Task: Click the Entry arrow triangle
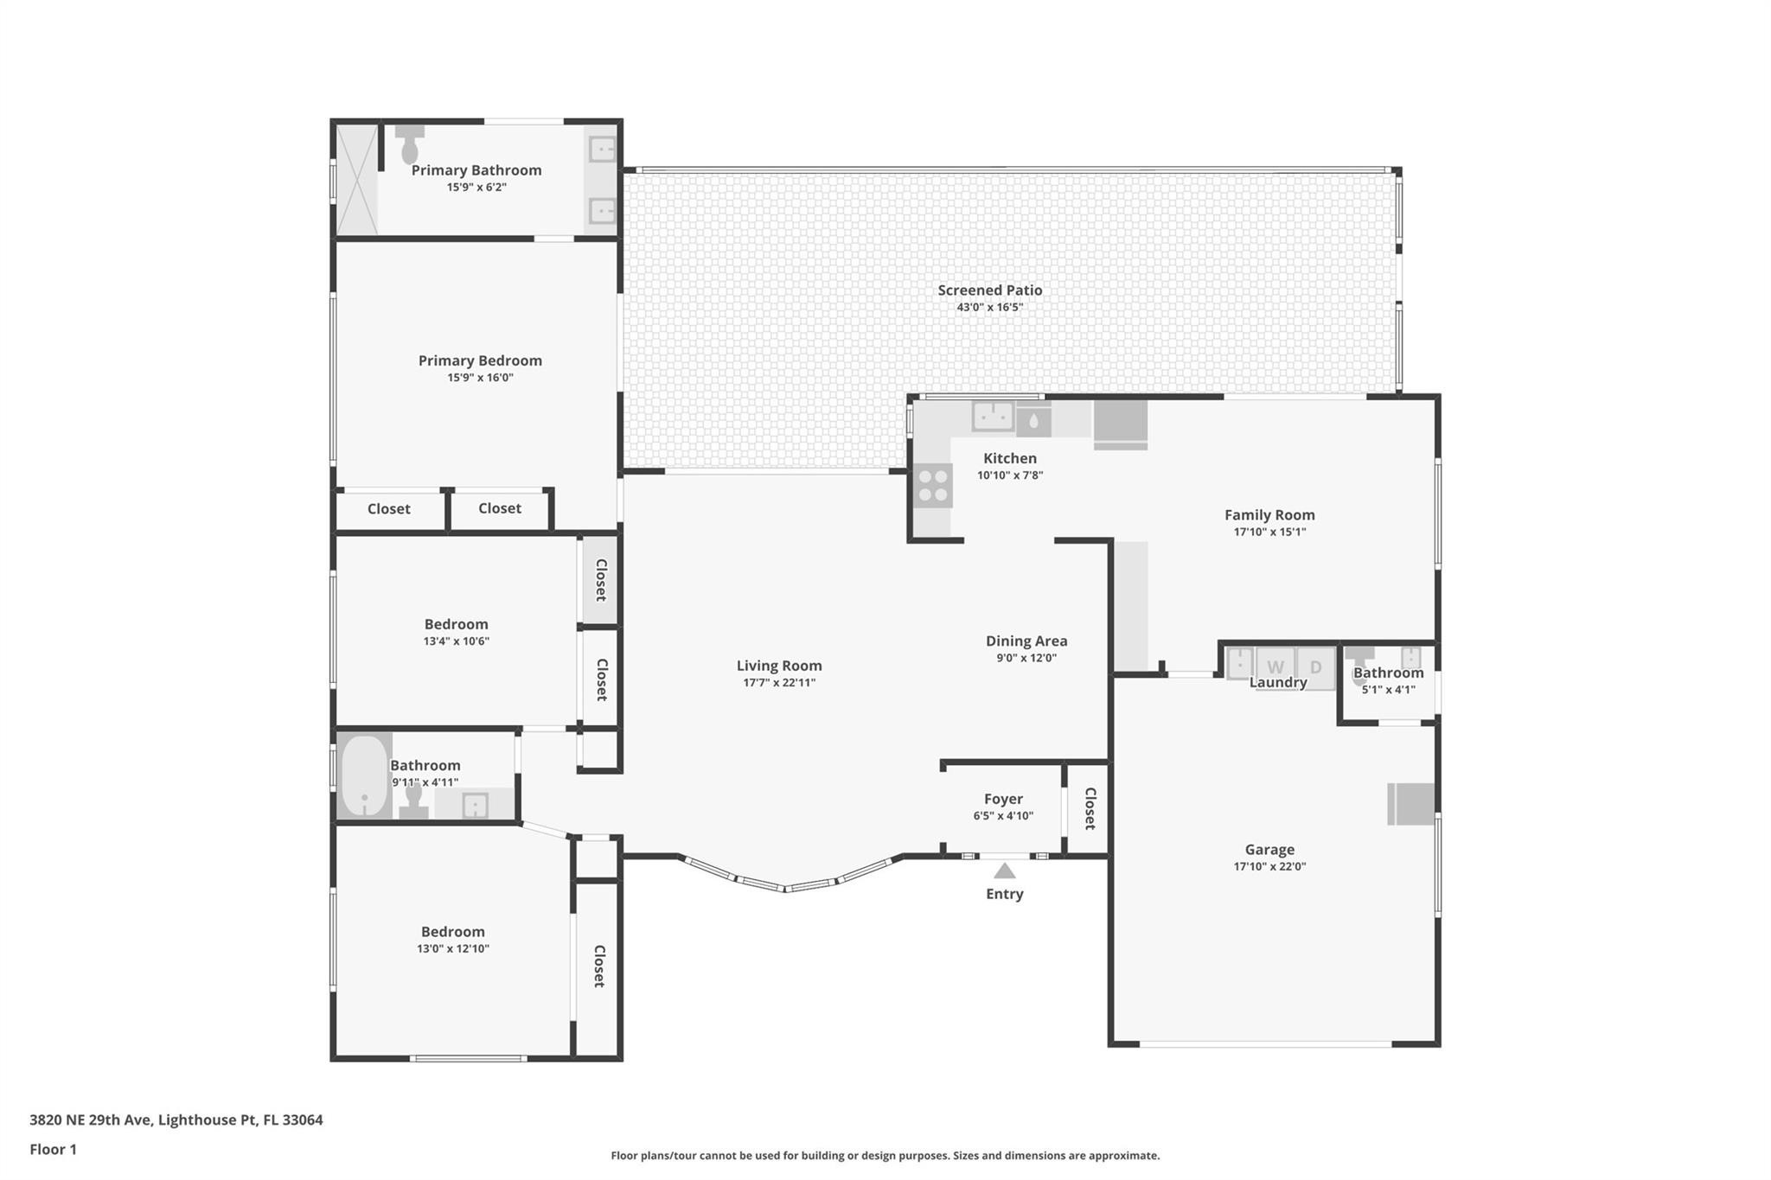coord(1004,871)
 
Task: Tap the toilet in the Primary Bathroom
coord(410,146)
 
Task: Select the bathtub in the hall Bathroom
coord(364,776)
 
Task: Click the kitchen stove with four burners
coord(933,485)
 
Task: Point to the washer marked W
coord(1276,667)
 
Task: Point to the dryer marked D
coord(1315,667)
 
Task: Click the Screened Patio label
coord(989,290)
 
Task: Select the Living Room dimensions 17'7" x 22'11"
coord(778,683)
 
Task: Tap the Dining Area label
coord(1026,641)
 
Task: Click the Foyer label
coord(1003,799)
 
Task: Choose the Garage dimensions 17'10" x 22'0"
coord(1269,866)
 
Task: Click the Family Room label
coord(1269,514)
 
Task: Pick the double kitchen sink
coord(993,416)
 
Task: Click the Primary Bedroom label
coord(480,360)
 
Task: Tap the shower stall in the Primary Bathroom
coord(357,180)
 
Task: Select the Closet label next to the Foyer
coord(1090,808)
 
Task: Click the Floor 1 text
coord(53,1149)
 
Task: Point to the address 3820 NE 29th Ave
coord(176,1119)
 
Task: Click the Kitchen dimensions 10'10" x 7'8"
coord(1010,475)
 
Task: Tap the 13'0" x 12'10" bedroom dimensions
coord(452,948)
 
